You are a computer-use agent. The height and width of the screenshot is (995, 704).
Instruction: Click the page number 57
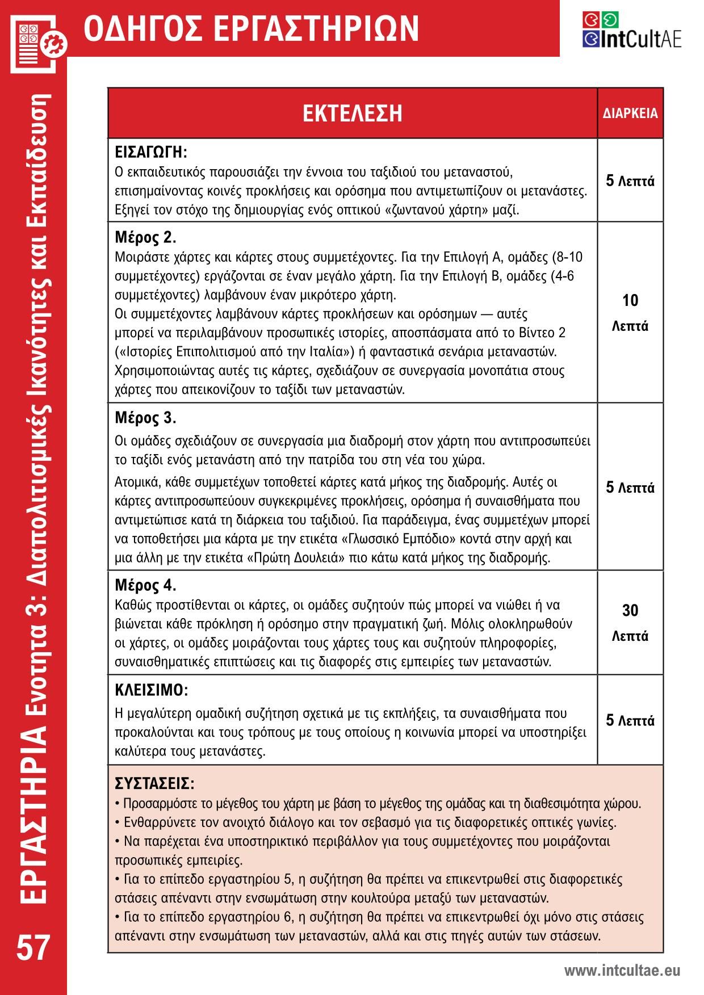[33, 947]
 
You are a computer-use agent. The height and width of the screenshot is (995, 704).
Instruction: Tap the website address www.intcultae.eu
[622, 971]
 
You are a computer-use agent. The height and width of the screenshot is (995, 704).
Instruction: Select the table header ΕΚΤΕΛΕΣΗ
[352, 113]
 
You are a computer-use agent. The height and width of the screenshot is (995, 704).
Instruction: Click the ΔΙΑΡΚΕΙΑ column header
[630, 114]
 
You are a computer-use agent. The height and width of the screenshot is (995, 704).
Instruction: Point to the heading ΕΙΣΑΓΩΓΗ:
[151, 152]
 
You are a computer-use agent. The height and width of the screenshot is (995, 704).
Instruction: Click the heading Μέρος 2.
[145, 237]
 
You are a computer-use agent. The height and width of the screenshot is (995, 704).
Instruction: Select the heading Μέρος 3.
[145, 418]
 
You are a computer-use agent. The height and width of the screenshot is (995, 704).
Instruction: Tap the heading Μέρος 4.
[145, 585]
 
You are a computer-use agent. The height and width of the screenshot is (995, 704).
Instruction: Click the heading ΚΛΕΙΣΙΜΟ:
[151, 690]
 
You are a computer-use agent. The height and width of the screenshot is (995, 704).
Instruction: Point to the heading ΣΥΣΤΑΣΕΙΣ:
[154, 784]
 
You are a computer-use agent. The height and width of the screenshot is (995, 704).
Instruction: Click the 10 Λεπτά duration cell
[630, 313]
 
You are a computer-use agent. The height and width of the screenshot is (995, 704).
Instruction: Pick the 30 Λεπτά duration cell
[630, 623]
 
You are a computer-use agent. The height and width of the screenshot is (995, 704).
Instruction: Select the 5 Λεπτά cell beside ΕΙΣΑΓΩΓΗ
[630, 181]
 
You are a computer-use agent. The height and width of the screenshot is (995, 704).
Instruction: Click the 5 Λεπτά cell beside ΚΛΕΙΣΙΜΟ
[630, 720]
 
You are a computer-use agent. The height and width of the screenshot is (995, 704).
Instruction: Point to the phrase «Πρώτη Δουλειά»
[296, 557]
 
